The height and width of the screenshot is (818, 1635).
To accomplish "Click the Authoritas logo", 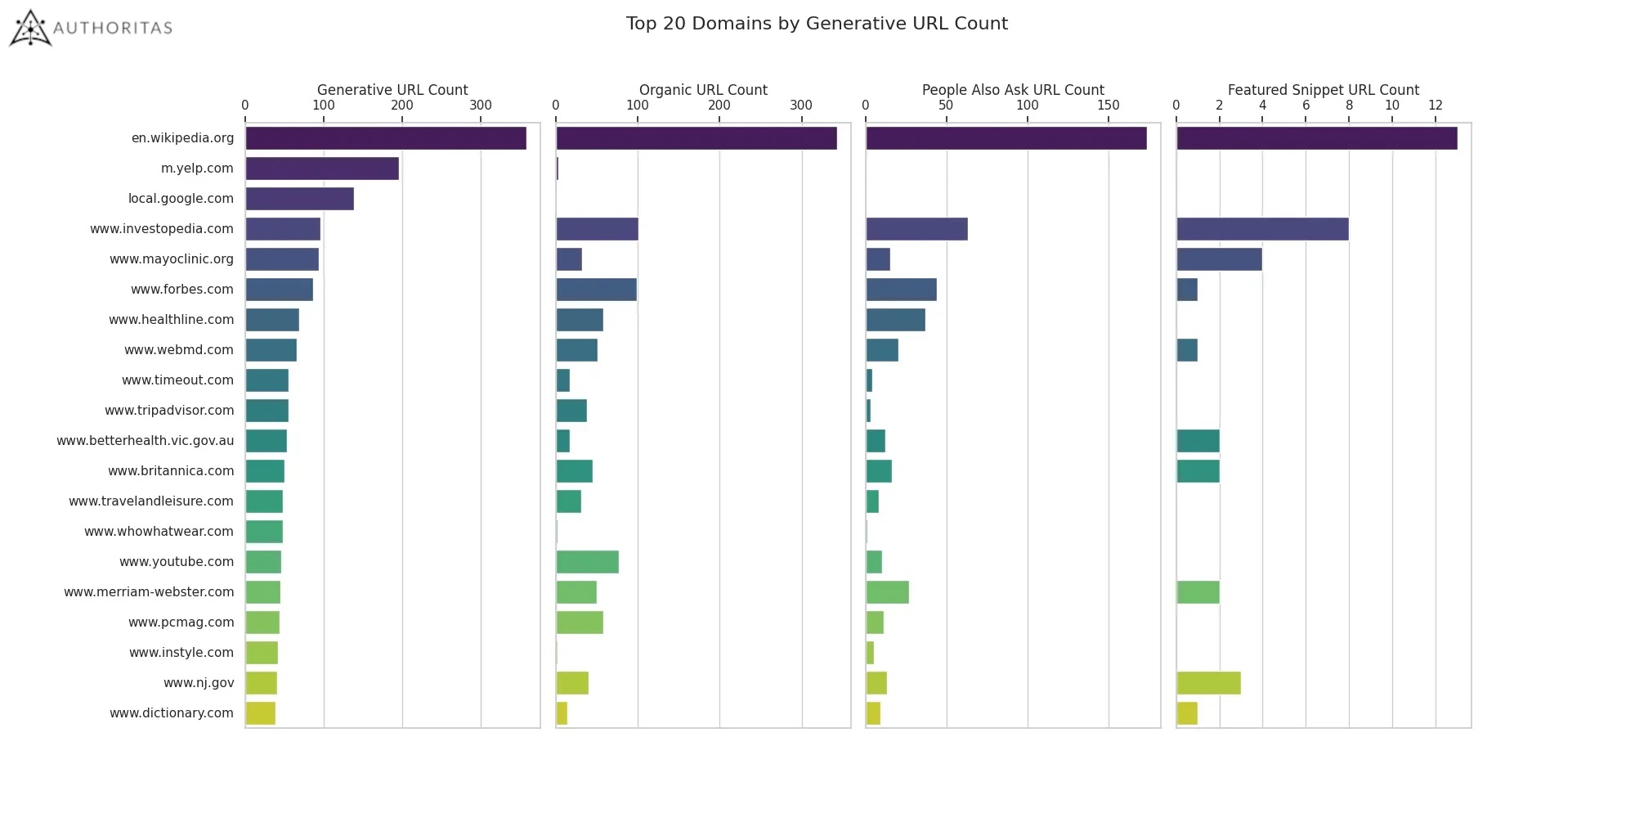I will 90,28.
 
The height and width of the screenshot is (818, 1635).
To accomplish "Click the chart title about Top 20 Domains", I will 817,24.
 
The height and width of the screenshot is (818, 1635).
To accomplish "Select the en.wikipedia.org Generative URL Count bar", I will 385,138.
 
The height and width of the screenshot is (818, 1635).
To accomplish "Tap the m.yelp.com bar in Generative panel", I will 321,169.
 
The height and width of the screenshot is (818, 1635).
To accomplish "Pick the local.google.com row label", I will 181,199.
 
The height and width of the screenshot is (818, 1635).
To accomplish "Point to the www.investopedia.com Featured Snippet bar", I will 1261,229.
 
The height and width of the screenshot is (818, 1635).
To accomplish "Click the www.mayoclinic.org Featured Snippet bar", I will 1218,259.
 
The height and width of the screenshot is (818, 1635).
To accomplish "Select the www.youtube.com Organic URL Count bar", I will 587,562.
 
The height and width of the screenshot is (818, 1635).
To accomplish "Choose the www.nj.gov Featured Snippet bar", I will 1207,683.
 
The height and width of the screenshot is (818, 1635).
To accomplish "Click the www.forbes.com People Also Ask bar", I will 901,290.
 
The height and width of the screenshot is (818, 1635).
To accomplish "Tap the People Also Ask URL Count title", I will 1012,90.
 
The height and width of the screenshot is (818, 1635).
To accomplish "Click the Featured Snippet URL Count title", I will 1323,90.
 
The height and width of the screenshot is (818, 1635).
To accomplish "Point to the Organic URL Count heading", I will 702,90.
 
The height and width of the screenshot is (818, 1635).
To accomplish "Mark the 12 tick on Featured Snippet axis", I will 1435,106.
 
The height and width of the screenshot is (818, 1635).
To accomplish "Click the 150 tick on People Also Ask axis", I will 1108,106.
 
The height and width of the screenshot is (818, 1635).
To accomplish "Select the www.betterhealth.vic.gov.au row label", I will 145,441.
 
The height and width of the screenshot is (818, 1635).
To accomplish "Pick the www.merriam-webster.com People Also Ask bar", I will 887,592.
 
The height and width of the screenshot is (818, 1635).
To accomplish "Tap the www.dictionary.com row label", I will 172,713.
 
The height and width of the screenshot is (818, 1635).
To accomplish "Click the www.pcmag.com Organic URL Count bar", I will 579,622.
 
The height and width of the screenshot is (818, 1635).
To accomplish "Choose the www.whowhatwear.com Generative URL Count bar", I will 263,532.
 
